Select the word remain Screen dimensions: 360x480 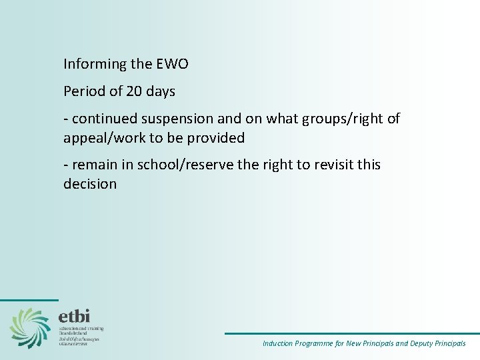tap(93, 165)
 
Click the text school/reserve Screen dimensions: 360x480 tap(176, 165)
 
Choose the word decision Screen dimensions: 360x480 tap(90, 183)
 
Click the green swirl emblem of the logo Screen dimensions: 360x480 tap(30, 327)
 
